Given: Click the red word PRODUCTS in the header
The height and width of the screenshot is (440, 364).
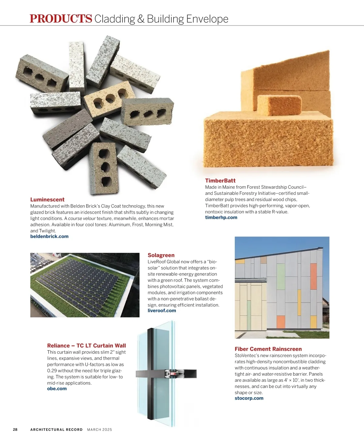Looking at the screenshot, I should click(61, 19).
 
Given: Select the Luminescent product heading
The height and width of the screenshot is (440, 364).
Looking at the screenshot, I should click(47, 200).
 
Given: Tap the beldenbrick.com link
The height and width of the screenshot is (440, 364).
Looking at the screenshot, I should click(49, 236).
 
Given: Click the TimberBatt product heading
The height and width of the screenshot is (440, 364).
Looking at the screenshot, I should click(220, 181).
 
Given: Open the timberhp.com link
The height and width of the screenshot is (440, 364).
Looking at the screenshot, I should click(221, 218).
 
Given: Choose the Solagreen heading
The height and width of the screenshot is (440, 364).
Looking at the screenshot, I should click(161, 255).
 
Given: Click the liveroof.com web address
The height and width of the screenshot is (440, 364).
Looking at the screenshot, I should click(162, 311).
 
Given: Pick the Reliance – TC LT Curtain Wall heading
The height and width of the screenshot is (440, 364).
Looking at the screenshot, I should click(86, 346).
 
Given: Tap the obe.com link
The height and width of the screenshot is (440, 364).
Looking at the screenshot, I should click(57, 389).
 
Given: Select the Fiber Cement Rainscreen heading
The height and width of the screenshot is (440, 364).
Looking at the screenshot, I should click(268, 349).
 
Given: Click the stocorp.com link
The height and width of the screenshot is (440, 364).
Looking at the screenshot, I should click(249, 398).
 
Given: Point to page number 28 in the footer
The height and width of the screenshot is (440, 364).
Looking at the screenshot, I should click(15, 430).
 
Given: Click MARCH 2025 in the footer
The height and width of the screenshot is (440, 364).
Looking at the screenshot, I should click(99, 430).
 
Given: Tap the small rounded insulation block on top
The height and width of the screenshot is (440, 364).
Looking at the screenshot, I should click(279, 105).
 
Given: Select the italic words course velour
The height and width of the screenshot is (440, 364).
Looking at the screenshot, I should click(82, 218).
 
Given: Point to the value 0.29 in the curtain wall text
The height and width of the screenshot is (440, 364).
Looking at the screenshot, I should click(52, 371).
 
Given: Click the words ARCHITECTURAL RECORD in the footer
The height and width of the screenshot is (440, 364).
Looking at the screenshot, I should click(56, 430).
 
